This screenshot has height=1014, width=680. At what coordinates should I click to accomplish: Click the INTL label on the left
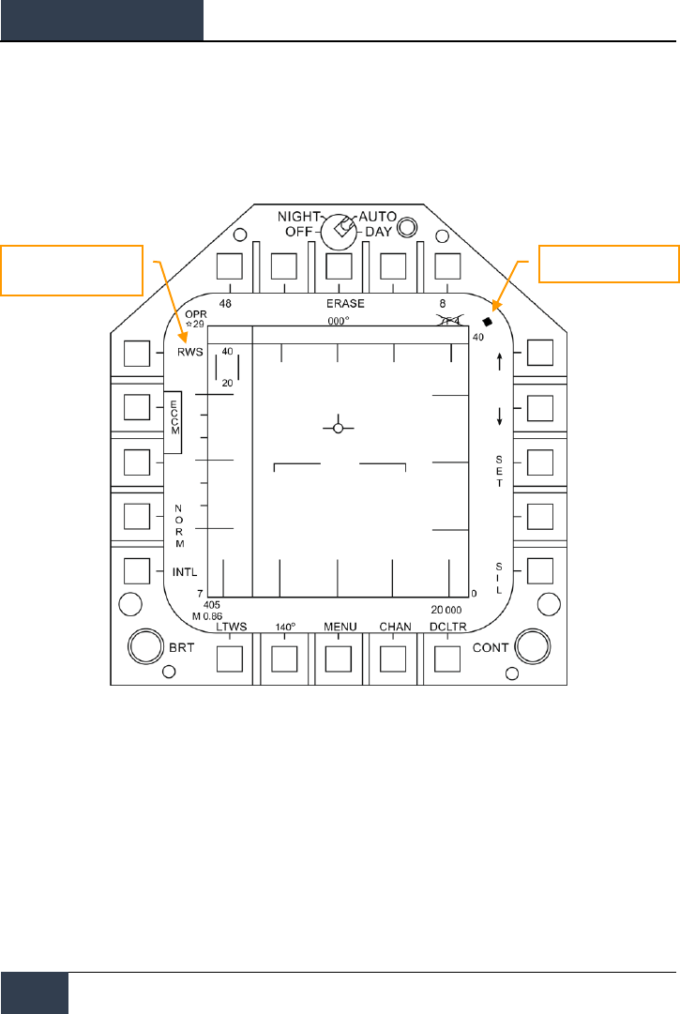[185, 571]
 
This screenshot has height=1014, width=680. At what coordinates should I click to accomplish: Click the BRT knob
[144, 646]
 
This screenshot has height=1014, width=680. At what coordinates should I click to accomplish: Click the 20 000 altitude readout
[448, 609]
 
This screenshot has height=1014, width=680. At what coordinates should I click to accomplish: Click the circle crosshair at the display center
[339, 428]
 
